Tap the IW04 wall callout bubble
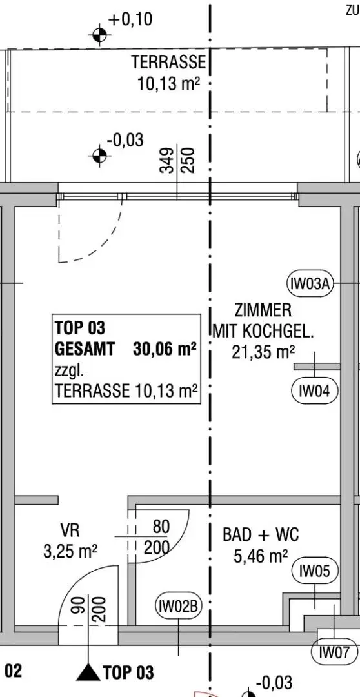tap(314, 390)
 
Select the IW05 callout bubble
tap(315, 571)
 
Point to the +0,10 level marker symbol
tap(99, 34)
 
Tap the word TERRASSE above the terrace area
tap(168, 63)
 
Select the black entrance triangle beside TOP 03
tap(88, 672)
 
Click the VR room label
tap(70, 530)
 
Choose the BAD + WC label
tap(261, 534)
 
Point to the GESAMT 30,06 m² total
tap(125, 349)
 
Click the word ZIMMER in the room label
tap(263, 310)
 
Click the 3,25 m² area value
tap(70, 552)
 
